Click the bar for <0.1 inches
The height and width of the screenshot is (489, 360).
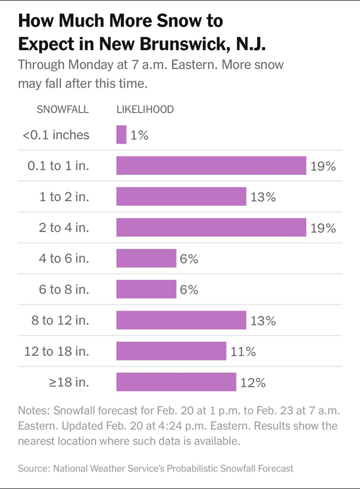[121, 135]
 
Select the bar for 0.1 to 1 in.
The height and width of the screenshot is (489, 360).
[211, 166]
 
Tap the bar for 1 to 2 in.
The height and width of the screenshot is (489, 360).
[181, 197]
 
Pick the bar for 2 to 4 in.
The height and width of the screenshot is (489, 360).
[211, 228]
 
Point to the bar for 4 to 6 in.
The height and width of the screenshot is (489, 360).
[146, 259]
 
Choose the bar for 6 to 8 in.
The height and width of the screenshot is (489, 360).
[146, 290]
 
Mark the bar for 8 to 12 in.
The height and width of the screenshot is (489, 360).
[181, 321]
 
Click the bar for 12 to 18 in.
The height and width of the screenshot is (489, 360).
[171, 351]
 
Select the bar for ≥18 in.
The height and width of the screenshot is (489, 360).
[176, 382]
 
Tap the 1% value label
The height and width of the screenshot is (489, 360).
[139, 135]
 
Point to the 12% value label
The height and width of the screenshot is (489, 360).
[253, 382]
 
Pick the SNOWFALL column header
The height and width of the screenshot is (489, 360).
[63, 110]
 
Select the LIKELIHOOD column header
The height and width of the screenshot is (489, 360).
[145, 110]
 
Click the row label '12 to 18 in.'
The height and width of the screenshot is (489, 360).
[57, 352]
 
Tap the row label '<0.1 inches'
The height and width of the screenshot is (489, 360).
[56, 135]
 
